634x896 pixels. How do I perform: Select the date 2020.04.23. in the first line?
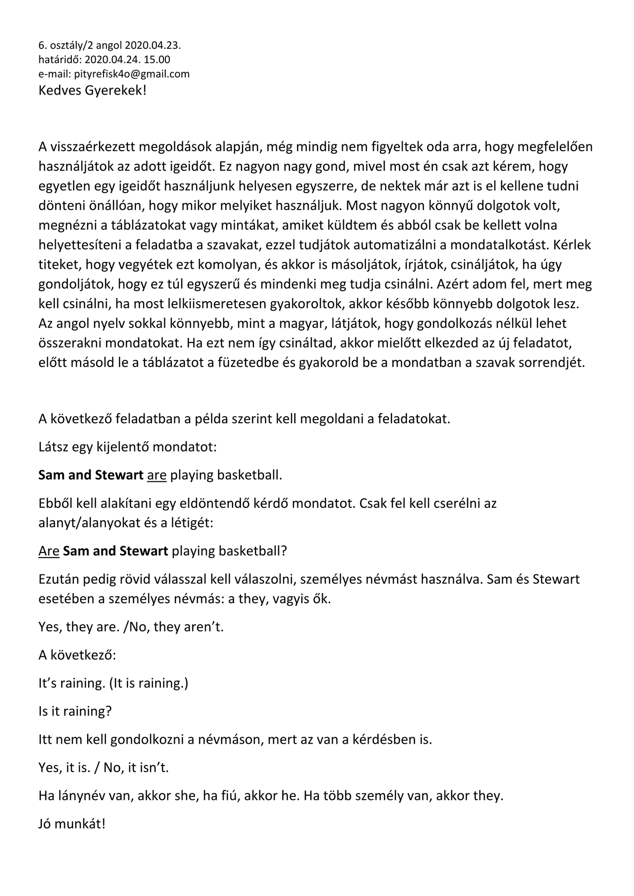click(x=153, y=46)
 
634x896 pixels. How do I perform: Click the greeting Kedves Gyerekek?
click(x=93, y=91)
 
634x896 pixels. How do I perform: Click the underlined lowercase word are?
click(x=157, y=475)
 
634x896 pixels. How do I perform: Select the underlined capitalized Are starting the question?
click(x=49, y=551)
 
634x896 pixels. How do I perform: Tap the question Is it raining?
click(x=75, y=711)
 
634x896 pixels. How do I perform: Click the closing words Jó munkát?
click(x=72, y=824)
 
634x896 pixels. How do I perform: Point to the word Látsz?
click(x=53, y=447)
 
